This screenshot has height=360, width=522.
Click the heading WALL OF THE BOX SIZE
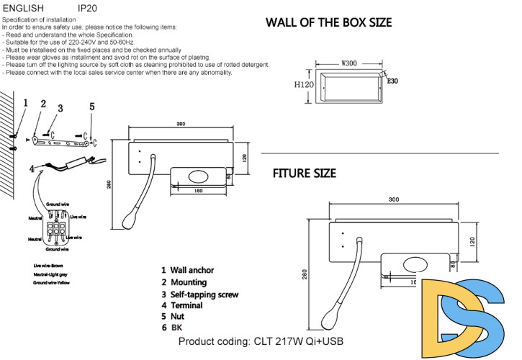point(328,22)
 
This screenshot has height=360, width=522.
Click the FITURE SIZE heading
point(304,174)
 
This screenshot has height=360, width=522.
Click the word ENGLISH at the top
point(23,8)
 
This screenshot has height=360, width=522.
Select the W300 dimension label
point(349,63)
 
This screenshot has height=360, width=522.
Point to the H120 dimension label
point(304,84)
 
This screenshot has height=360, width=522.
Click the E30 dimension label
point(392,81)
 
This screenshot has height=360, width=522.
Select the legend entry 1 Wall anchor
point(189,270)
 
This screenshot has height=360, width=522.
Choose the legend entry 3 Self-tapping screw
point(199,294)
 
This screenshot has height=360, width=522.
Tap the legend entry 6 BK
point(172,328)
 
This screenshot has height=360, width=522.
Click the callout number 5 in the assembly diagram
point(91,107)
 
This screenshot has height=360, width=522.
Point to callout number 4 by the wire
point(32,169)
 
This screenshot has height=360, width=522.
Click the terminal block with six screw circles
point(55,228)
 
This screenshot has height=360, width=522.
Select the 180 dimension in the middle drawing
point(199,191)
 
